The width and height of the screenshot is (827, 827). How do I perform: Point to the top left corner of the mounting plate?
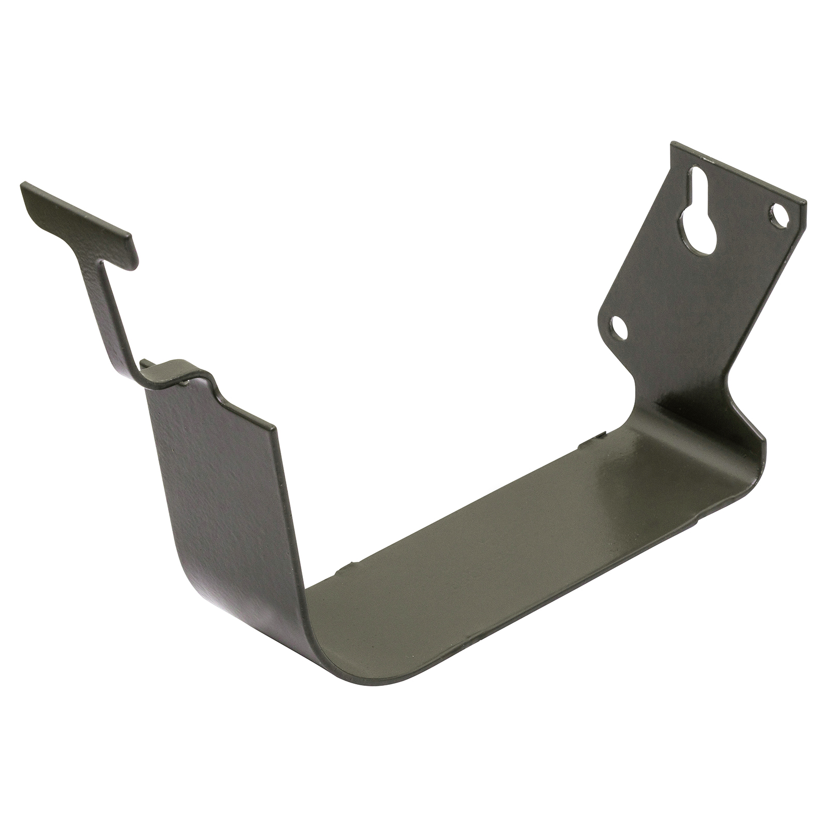pyautogui.click(x=673, y=145)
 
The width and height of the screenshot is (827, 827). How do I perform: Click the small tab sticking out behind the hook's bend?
pyautogui.click(x=145, y=364)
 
